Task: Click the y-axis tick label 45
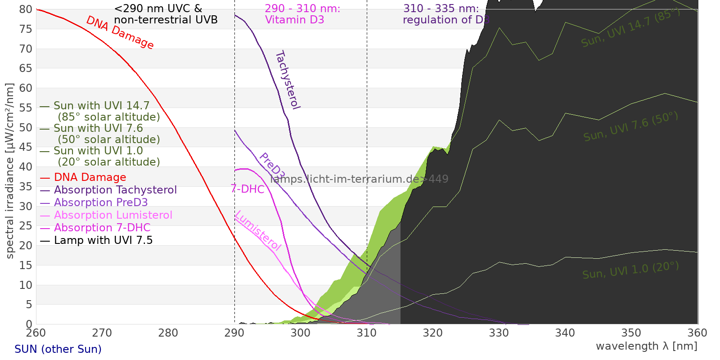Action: click(x=26, y=147)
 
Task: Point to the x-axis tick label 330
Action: click(x=499, y=333)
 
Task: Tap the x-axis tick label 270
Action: click(x=102, y=333)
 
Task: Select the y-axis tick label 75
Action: click(x=26, y=29)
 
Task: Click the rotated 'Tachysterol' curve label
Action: click(x=288, y=80)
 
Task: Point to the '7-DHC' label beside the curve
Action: click(x=247, y=189)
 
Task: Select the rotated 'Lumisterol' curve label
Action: click(x=258, y=230)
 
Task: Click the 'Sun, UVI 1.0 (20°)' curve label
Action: click(x=630, y=270)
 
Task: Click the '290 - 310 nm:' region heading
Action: click(x=302, y=9)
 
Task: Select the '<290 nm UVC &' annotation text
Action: click(x=158, y=9)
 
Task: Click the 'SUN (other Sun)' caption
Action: click(x=58, y=349)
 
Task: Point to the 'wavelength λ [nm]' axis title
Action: click(x=646, y=346)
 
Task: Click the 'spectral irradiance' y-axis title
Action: click(x=10, y=171)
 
